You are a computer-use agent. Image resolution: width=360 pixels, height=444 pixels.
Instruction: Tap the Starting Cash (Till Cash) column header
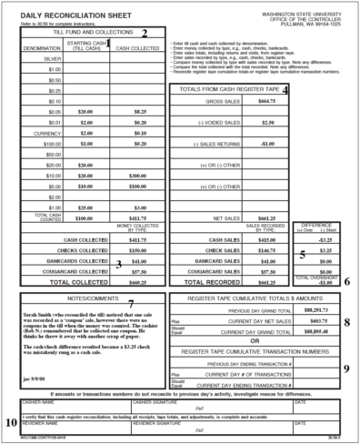[86, 44]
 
